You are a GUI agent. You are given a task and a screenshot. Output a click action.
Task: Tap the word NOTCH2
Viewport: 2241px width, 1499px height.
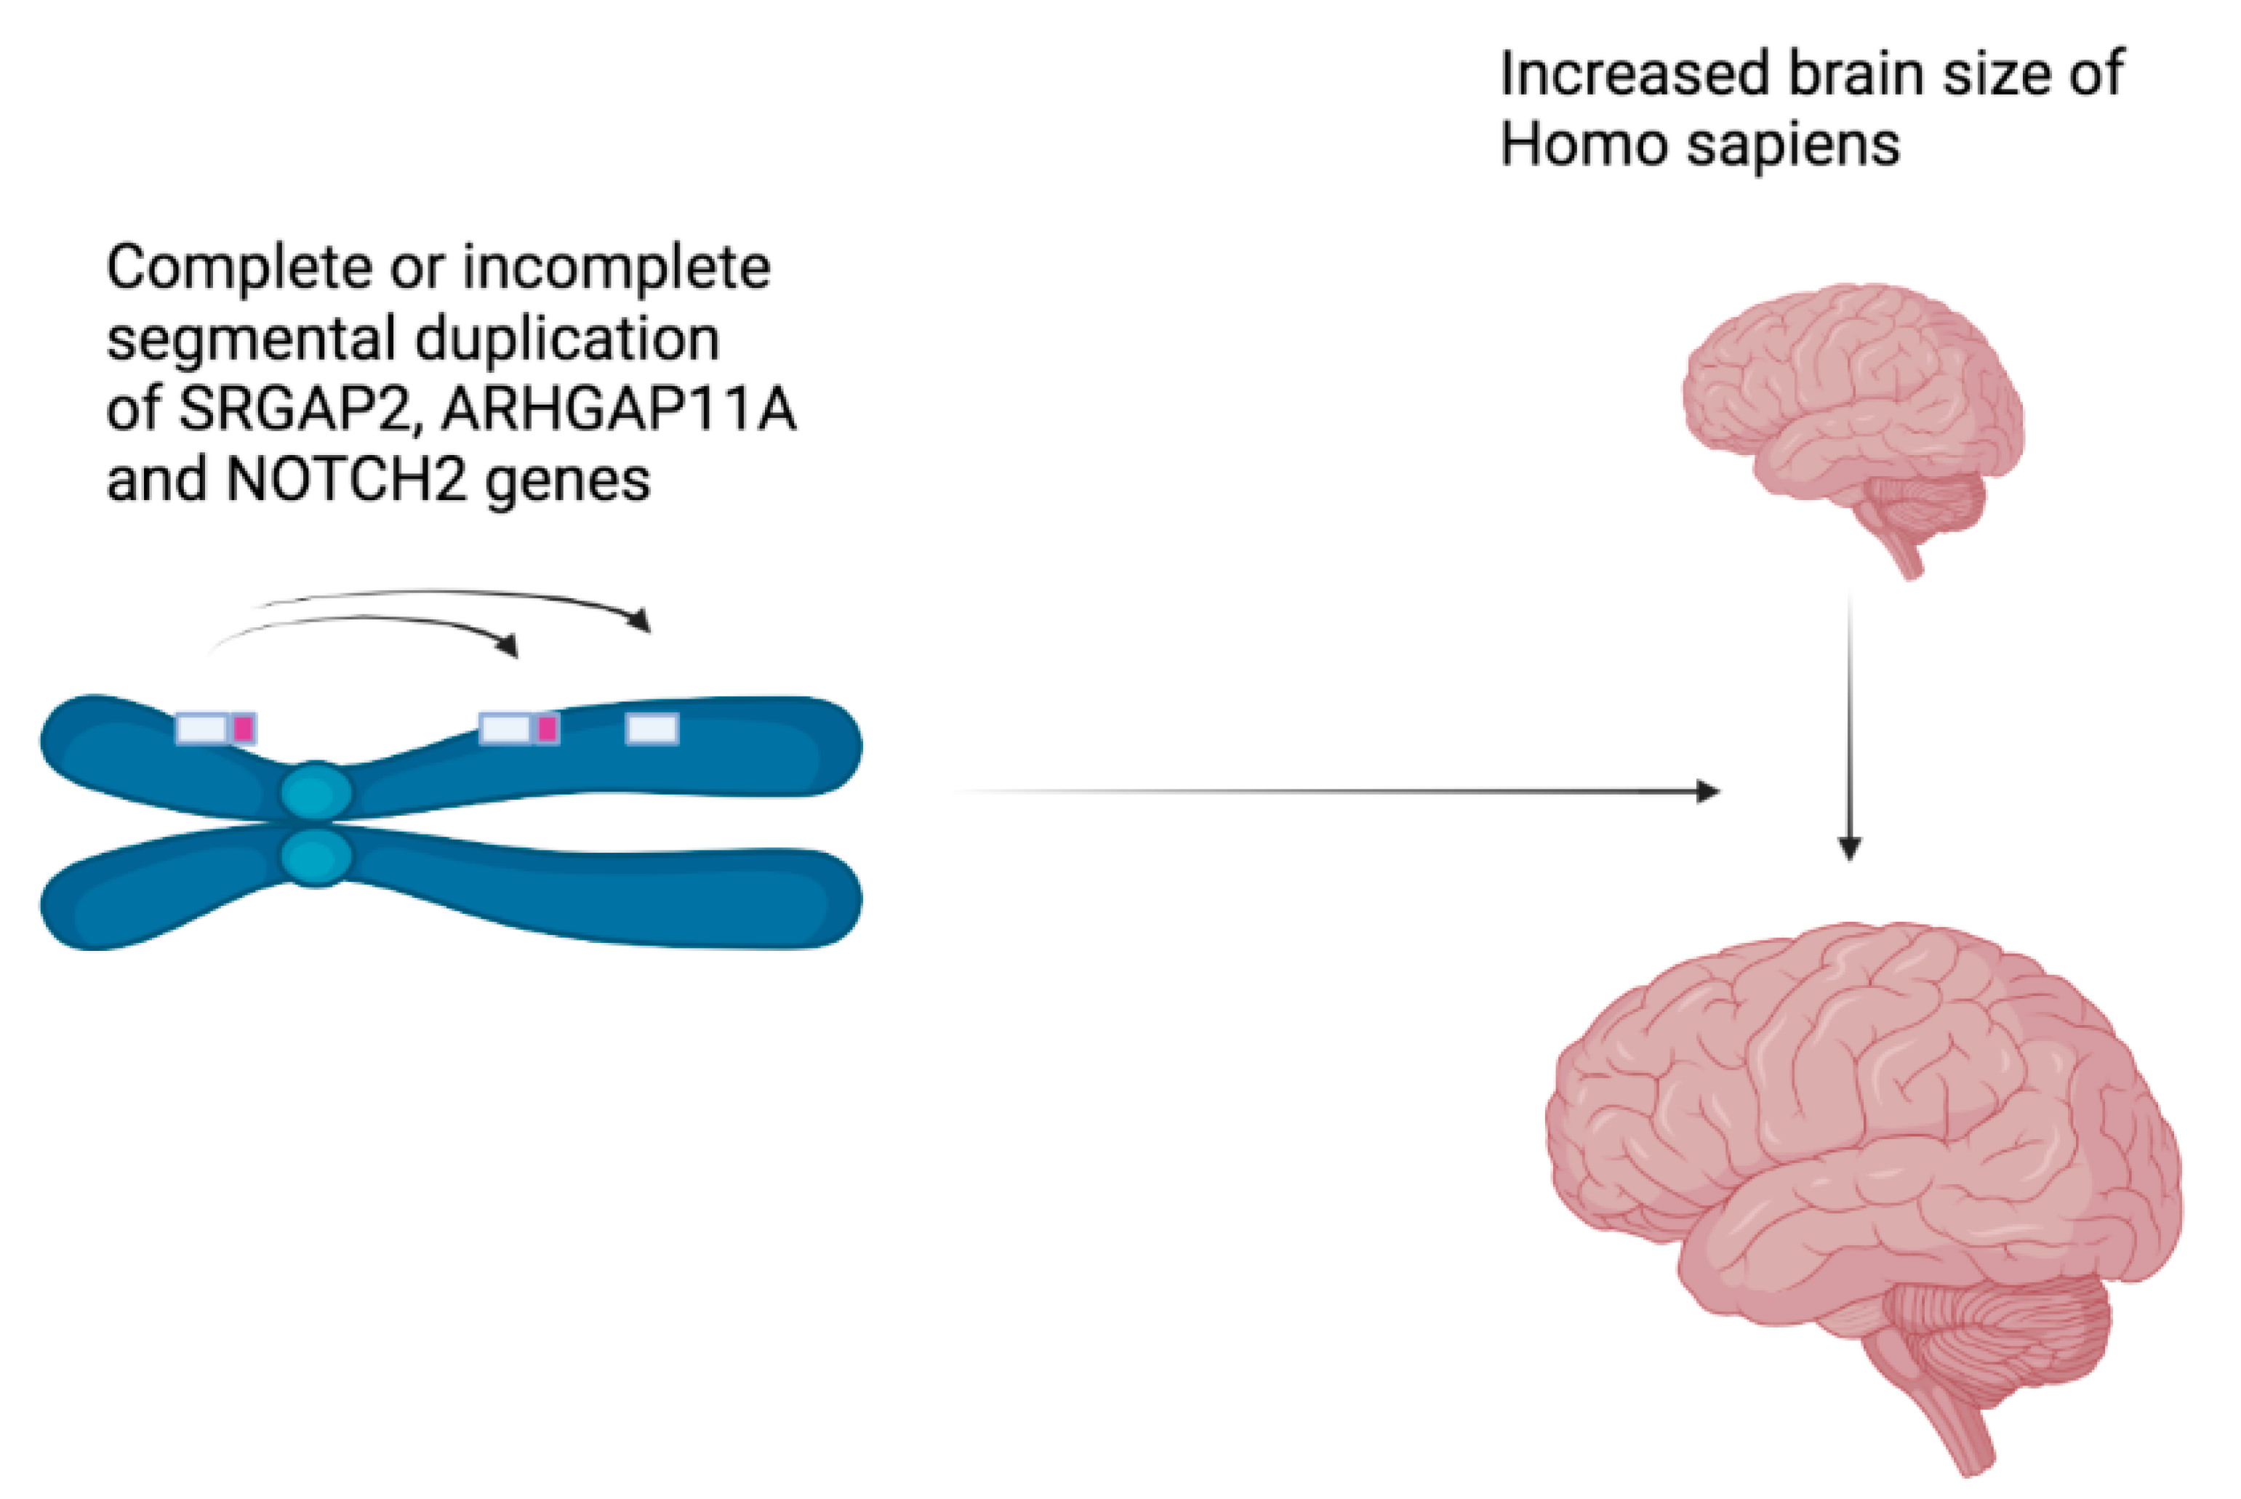[346, 480]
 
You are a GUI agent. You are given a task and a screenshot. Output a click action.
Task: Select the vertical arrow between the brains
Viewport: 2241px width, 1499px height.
[1849, 726]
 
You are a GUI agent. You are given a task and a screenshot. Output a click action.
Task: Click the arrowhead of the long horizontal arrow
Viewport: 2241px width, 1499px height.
[1707, 792]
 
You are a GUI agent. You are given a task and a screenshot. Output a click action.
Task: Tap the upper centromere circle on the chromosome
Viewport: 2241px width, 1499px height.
[316, 792]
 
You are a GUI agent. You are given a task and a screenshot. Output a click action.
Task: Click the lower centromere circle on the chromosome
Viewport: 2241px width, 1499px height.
[316, 856]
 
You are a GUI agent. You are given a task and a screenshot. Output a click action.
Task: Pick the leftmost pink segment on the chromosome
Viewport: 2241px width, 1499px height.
[243, 729]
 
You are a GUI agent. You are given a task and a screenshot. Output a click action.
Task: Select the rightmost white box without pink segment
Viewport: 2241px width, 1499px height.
[652, 729]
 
